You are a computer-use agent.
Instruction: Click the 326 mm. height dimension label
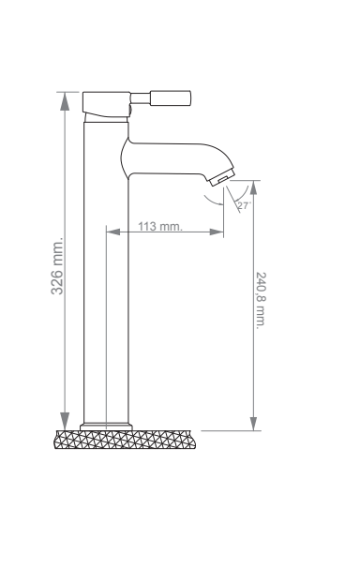click(x=57, y=266)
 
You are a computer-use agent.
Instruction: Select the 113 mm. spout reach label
click(x=159, y=226)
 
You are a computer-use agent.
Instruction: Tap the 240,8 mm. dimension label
click(x=261, y=301)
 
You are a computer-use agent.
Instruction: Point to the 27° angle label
click(x=244, y=205)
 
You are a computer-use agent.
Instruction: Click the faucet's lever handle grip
click(x=171, y=98)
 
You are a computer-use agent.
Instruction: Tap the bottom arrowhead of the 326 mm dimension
click(x=65, y=421)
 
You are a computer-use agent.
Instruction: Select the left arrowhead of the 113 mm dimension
click(x=113, y=232)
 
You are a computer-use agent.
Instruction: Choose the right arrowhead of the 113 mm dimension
click(x=217, y=232)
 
